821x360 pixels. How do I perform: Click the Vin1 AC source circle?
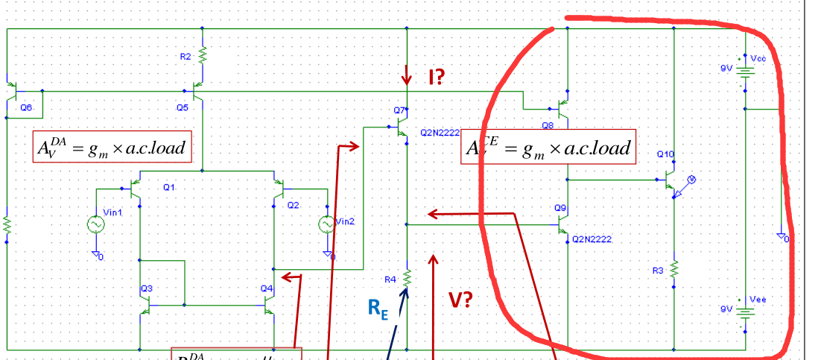[96, 224]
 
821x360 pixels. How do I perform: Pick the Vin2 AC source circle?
[326, 224]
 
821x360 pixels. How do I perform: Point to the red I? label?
[437, 76]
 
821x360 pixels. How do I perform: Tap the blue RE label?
[378, 310]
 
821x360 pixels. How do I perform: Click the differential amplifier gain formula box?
[112, 148]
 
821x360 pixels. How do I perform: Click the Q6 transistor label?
[26, 107]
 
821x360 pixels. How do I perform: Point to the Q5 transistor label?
[182, 107]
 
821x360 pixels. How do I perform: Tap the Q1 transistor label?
[168, 187]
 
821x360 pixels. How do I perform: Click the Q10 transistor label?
[665, 154]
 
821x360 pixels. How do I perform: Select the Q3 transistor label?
[145, 288]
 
